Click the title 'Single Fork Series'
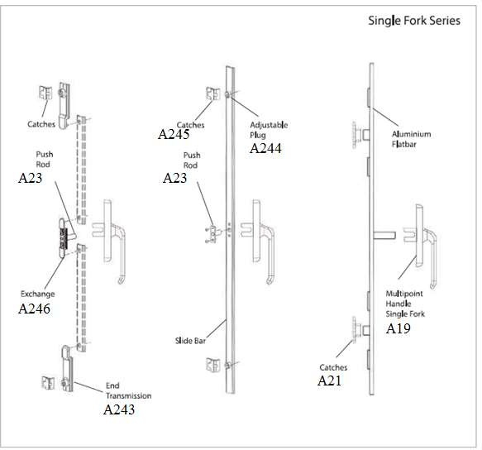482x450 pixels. tap(414, 21)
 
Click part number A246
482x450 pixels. tap(34, 309)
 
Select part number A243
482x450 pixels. tap(119, 409)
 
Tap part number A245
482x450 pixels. tap(174, 134)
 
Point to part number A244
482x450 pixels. tap(265, 148)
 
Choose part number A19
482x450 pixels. tap(398, 328)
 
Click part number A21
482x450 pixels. tap(329, 381)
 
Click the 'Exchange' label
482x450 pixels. tap(37, 294)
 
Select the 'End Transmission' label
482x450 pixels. tap(128, 390)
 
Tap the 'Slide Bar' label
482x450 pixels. tap(190, 341)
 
